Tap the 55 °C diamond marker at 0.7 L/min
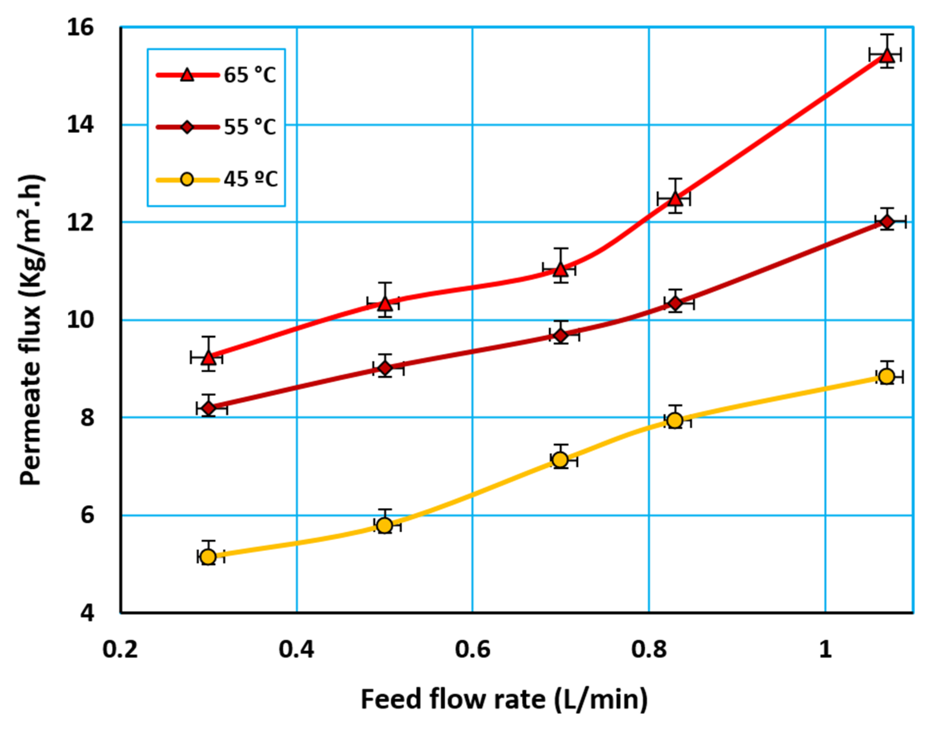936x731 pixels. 561,335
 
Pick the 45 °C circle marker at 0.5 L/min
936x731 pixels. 385,525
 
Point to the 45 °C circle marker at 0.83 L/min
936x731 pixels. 676,420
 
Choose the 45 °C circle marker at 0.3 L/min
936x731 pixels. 208,557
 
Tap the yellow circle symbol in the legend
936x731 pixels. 187,179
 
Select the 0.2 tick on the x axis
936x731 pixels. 120,650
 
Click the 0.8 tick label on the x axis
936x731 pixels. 649,650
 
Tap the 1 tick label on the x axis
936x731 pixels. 825,650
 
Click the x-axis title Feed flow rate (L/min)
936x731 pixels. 504,699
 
